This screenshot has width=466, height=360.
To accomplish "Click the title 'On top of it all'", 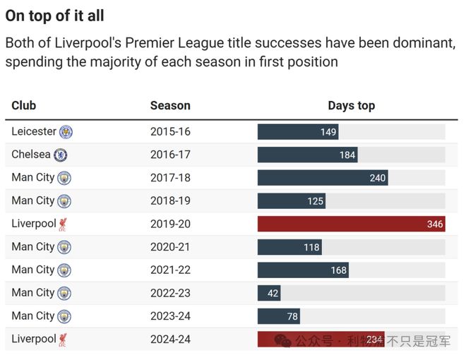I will point(54,16).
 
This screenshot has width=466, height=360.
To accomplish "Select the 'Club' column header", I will point(23,106).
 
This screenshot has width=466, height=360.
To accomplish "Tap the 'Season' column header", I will point(170,106).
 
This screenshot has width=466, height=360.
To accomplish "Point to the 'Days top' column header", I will point(351,106).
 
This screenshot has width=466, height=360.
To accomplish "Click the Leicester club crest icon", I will point(66,132).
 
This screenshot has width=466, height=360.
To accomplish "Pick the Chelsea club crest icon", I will point(61,155).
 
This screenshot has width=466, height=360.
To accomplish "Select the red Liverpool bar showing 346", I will point(351,224).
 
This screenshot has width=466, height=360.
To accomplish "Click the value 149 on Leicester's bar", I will point(328,132).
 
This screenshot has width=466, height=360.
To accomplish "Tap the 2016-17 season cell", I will point(170,155).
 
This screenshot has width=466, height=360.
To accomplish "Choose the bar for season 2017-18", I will point(323,178).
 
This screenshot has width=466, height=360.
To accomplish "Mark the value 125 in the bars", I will point(316,201).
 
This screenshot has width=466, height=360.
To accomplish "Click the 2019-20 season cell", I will point(170,224).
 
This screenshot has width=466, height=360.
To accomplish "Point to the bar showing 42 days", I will point(269,293).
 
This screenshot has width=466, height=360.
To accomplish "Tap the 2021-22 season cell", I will point(170,270).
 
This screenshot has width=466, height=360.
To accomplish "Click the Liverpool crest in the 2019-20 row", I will point(64,224).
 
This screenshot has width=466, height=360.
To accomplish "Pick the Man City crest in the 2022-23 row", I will point(64,293).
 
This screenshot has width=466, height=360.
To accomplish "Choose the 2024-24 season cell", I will point(170,339).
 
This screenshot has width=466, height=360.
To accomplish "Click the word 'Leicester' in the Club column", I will point(34,131).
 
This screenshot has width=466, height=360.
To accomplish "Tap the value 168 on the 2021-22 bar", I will point(339,270).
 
